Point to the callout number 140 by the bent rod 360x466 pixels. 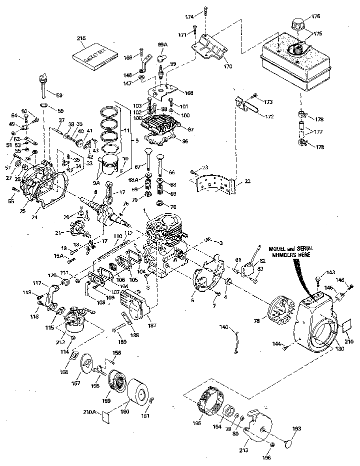point(223,327)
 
